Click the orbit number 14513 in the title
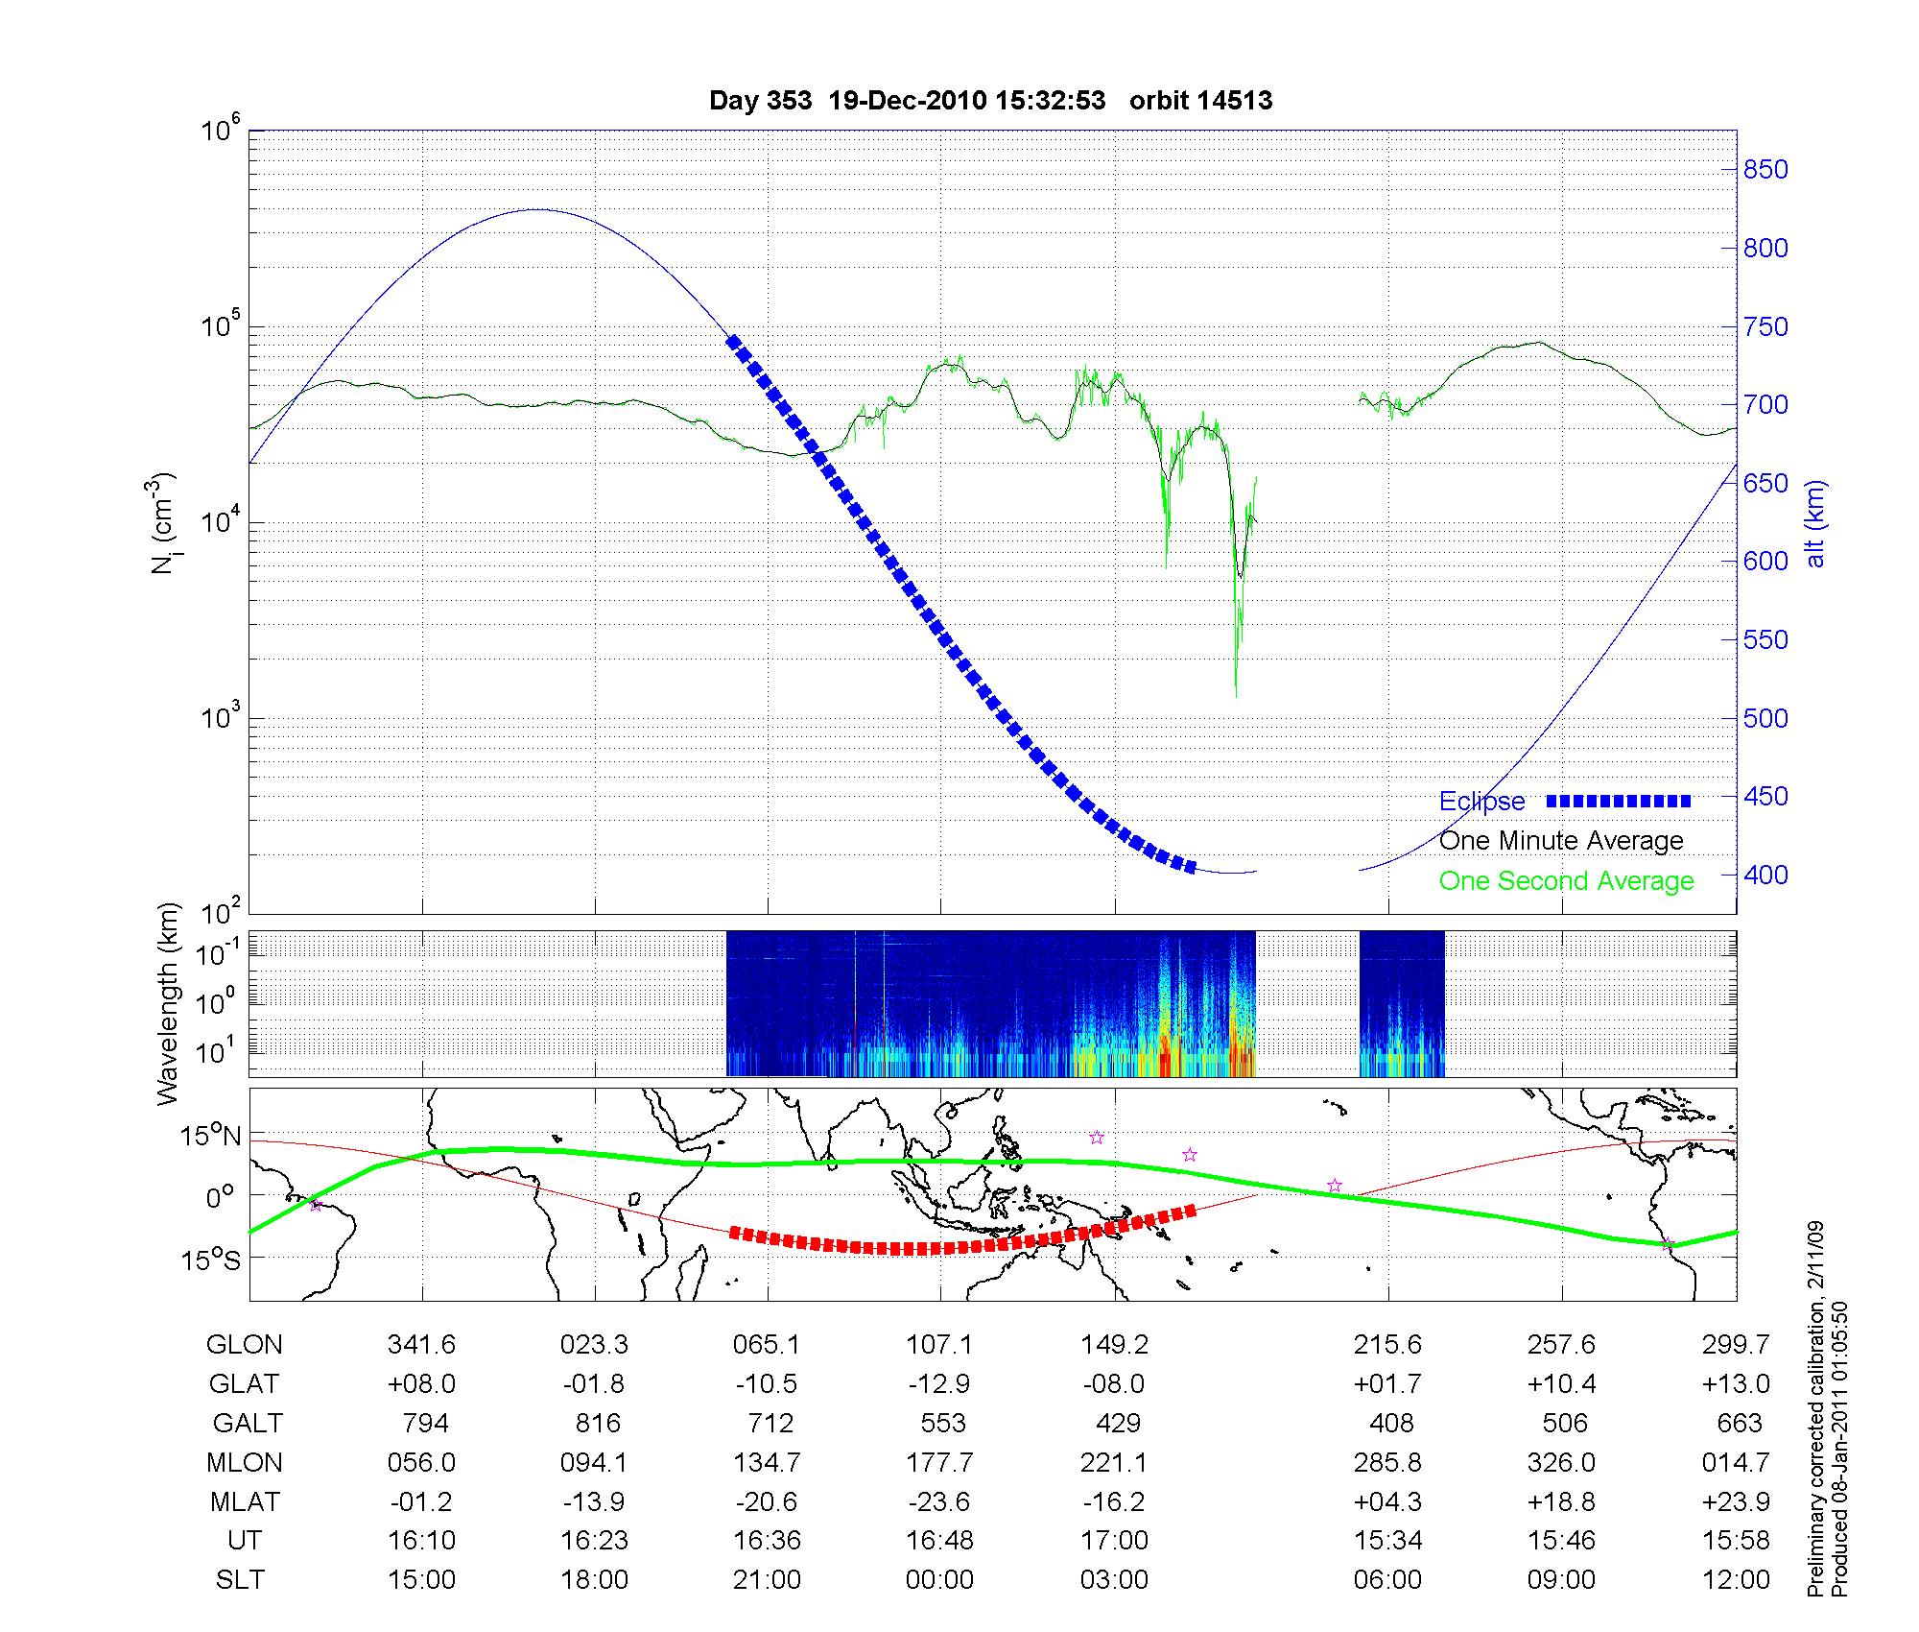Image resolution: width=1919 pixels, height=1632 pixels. click(x=1200, y=101)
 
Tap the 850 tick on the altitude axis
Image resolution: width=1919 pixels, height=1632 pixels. click(x=1765, y=170)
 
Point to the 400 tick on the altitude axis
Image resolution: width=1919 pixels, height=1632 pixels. click(x=1765, y=875)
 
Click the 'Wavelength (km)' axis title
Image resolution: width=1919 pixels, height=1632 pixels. click(x=169, y=1004)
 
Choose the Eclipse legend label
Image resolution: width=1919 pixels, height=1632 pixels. click(x=1481, y=802)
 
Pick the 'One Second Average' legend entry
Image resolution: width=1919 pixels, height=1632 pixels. click(x=1566, y=881)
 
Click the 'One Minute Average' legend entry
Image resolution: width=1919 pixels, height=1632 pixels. click(x=1561, y=841)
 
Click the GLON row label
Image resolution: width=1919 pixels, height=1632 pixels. click(x=244, y=1345)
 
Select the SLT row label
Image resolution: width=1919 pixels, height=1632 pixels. click(x=240, y=1579)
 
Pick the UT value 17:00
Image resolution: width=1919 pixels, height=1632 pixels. click(x=1114, y=1540)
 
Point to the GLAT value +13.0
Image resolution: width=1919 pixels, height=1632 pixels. click(x=1736, y=1383)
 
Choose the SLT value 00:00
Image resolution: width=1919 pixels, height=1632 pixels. click(x=939, y=1579)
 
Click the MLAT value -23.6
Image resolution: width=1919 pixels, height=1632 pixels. click(x=939, y=1501)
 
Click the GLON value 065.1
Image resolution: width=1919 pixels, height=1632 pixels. click(x=767, y=1345)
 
